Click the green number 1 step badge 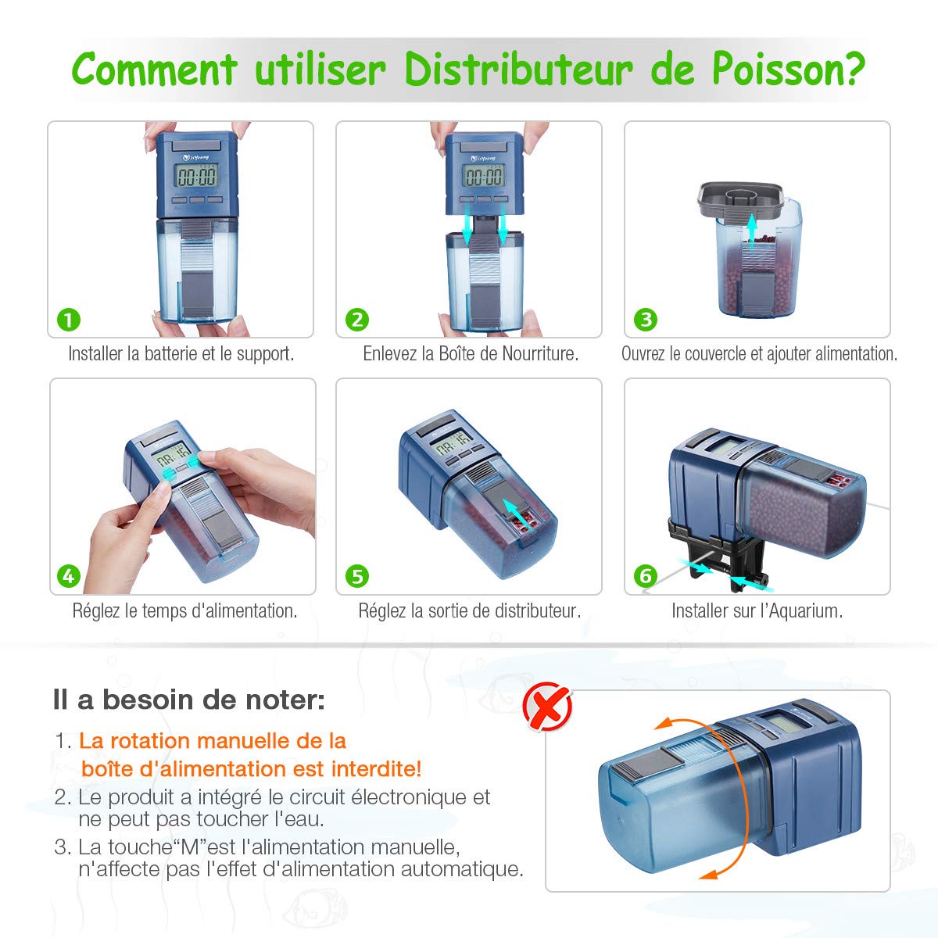click(70, 320)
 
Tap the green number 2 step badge click(357, 320)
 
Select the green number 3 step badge click(646, 320)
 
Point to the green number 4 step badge click(70, 576)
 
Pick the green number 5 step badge click(357, 576)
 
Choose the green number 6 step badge click(646, 576)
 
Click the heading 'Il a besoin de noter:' click(188, 699)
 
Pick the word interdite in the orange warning click(377, 768)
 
